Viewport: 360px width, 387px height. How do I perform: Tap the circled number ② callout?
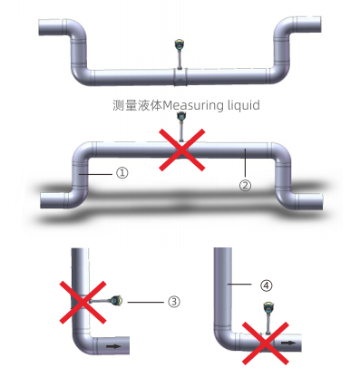[244, 185]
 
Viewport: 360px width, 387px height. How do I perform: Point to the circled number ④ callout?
[266, 285]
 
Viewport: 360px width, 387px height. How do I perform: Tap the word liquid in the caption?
[243, 105]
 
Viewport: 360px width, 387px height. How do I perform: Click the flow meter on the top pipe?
[180, 50]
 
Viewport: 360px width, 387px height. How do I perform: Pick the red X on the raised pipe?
[181, 149]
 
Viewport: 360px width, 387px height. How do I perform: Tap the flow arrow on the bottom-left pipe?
[113, 345]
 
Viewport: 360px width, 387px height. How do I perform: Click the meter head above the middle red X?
[181, 118]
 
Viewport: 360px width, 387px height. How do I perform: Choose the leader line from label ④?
[244, 285]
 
